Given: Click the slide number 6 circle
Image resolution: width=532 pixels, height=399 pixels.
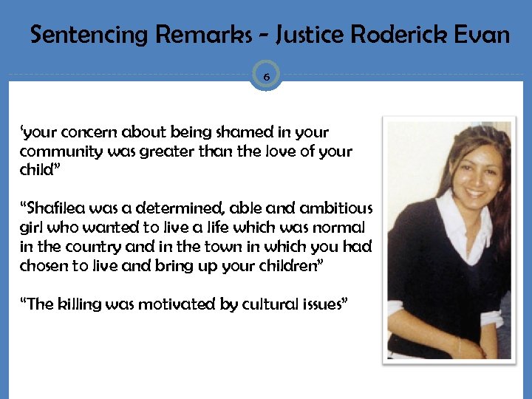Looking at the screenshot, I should [x=266, y=75].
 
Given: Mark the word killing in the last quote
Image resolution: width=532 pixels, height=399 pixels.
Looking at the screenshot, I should [x=81, y=304].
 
